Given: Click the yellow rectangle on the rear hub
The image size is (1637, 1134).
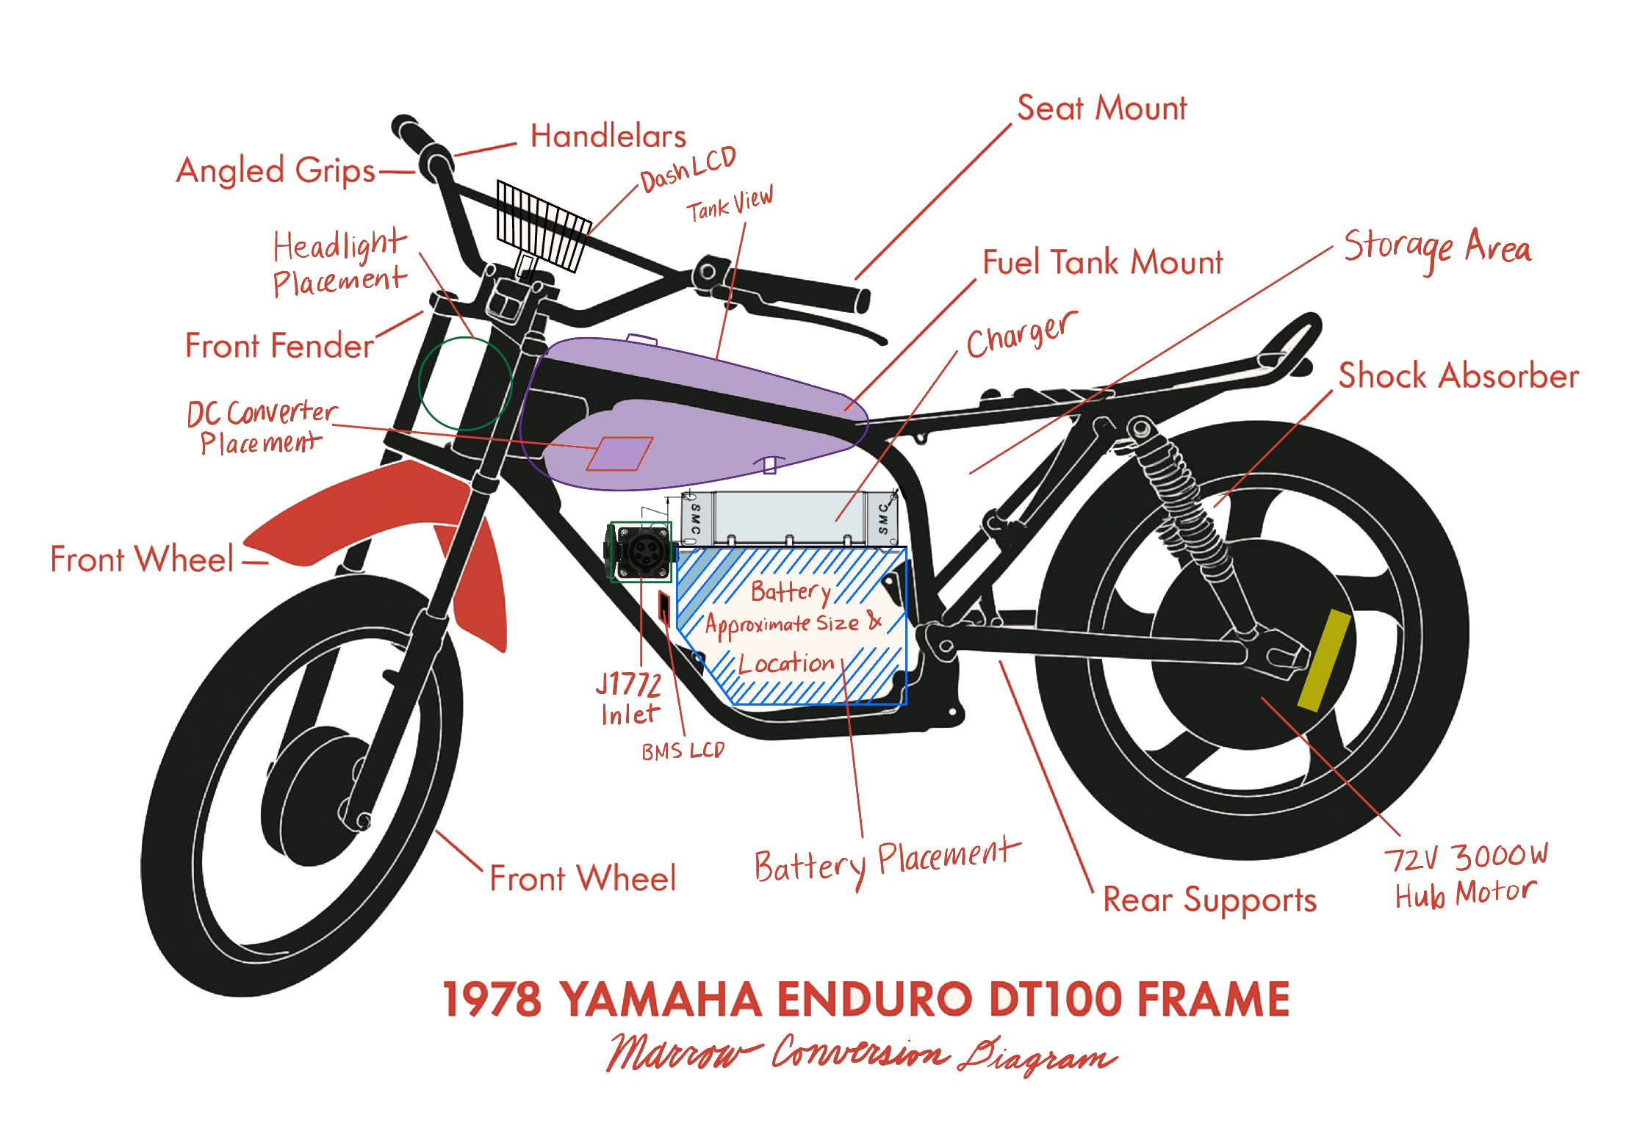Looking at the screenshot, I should (x=1324, y=660).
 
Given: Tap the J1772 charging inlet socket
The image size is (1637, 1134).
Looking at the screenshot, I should (x=641, y=552).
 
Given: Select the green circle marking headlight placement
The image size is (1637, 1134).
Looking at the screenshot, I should (x=464, y=383).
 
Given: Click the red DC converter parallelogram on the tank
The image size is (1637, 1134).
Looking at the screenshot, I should (x=619, y=454).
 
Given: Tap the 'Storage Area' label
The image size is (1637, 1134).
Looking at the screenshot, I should (x=1436, y=248).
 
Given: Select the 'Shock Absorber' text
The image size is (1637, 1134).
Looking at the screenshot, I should (x=1458, y=376).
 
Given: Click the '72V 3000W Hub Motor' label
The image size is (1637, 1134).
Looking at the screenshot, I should (x=1465, y=875).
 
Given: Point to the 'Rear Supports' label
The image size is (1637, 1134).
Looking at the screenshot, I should (x=1209, y=900).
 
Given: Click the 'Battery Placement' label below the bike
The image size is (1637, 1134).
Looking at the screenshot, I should (x=886, y=862).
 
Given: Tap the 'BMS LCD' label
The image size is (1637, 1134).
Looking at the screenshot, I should (x=683, y=751).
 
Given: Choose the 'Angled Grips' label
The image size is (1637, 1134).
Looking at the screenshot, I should (x=276, y=171).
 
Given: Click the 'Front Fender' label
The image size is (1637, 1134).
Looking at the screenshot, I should (x=279, y=346).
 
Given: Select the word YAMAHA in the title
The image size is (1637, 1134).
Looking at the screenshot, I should (x=661, y=1000).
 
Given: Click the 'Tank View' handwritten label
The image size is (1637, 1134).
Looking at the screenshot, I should (x=730, y=206).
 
